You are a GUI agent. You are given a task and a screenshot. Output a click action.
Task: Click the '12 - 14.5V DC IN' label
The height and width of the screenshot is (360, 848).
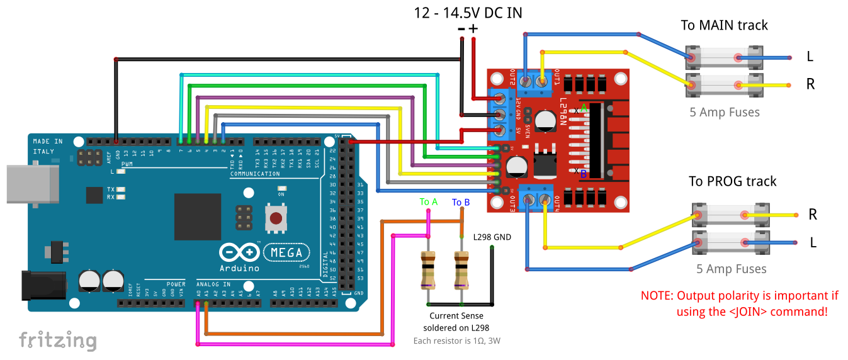click(468, 13)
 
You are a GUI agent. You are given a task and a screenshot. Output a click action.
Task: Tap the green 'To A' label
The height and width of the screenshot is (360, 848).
click(429, 202)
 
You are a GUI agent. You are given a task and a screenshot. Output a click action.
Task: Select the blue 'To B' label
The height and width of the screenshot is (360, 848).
click(461, 202)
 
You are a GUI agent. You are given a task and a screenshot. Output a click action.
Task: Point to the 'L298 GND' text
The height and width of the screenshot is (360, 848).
click(492, 237)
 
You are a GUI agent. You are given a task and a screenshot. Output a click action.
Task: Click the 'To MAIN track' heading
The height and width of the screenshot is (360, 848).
click(724, 26)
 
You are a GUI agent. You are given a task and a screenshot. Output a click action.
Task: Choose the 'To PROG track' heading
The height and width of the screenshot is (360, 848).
click(732, 181)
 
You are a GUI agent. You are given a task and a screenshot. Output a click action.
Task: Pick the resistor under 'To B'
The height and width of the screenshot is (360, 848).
click(461, 270)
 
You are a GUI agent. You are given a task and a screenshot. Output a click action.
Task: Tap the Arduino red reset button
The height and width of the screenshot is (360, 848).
click(275, 218)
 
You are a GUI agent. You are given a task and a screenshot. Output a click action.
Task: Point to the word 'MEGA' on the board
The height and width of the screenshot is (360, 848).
click(286, 252)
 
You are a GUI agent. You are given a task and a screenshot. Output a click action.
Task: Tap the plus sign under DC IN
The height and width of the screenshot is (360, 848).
click(473, 28)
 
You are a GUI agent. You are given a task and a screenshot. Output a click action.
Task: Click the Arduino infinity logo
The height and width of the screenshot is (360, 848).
click(240, 252)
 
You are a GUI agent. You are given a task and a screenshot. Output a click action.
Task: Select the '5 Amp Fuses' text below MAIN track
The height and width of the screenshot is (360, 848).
click(725, 113)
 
